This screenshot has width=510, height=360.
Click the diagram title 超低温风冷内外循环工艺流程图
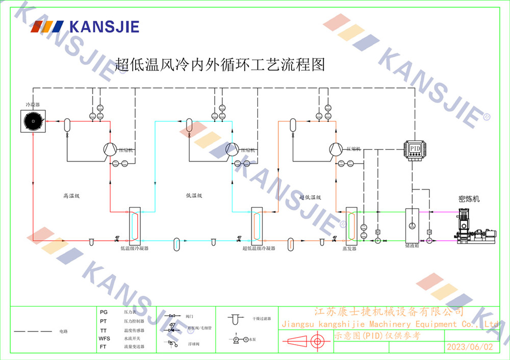220,64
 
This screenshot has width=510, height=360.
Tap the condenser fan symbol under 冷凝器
33,121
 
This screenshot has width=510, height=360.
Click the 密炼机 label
469,199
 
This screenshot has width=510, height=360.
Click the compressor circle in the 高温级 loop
110,149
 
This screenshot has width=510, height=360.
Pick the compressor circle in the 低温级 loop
232,149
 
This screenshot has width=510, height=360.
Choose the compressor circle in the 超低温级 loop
335,149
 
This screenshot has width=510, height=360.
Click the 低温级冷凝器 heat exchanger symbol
134,225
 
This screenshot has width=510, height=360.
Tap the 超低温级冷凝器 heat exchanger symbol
256,225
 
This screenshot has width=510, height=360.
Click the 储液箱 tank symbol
412,224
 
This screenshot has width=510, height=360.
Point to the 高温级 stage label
72,195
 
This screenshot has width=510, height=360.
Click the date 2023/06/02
470,347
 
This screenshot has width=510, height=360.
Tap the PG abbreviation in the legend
104,312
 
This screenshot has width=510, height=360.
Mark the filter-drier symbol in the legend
235,319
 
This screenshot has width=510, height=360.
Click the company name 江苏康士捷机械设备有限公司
388,312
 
